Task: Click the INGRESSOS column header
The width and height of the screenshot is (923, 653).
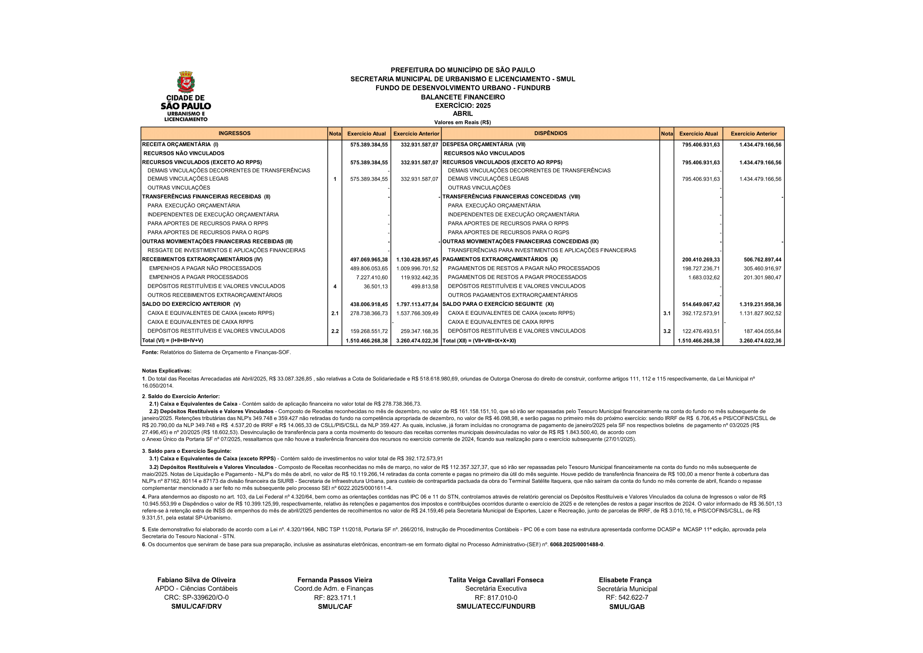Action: (x=234, y=134)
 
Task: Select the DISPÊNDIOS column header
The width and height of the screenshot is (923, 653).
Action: (x=550, y=134)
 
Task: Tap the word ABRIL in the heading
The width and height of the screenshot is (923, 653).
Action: (x=463, y=114)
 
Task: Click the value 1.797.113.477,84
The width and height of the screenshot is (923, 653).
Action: (x=417, y=305)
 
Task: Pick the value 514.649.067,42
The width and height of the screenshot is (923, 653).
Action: (x=701, y=305)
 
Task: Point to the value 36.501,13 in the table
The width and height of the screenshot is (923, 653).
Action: (x=375, y=286)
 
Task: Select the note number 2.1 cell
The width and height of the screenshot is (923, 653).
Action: (x=335, y=313)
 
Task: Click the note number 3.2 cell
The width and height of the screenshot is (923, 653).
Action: (x=667, y=331)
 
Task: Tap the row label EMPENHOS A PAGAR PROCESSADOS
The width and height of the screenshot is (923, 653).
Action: (x=198, y=277)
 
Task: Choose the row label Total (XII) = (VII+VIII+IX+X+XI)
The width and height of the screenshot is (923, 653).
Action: (x=479, y=341)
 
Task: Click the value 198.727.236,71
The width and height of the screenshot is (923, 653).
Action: (x=701, y=269)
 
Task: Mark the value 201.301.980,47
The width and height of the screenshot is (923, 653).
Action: (x=762, y=278)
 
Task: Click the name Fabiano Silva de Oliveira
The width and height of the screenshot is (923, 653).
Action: (x=196, y=580)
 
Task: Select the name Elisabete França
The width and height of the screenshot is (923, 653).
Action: (x=625, y=580)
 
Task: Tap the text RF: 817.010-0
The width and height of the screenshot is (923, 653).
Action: (x=496, y=598)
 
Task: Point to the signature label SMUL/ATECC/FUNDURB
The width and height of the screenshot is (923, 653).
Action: (x=496, y=606)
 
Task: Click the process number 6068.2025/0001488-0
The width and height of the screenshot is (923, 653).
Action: (x=577, y=545)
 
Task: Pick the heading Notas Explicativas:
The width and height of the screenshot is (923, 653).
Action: (x=167, y=371)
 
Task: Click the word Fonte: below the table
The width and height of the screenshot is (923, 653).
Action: (x=150, y=352)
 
